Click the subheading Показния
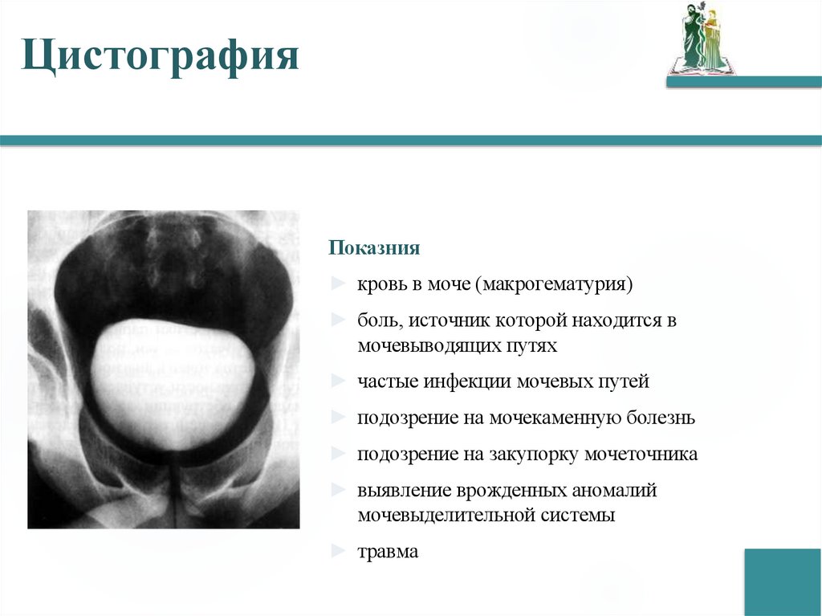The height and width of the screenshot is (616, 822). click(374, 247)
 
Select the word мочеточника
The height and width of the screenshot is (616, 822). click(641, 454)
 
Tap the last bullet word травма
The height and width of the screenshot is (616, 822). click(389, 553)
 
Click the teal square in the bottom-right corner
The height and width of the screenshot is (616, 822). click(782, 581)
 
